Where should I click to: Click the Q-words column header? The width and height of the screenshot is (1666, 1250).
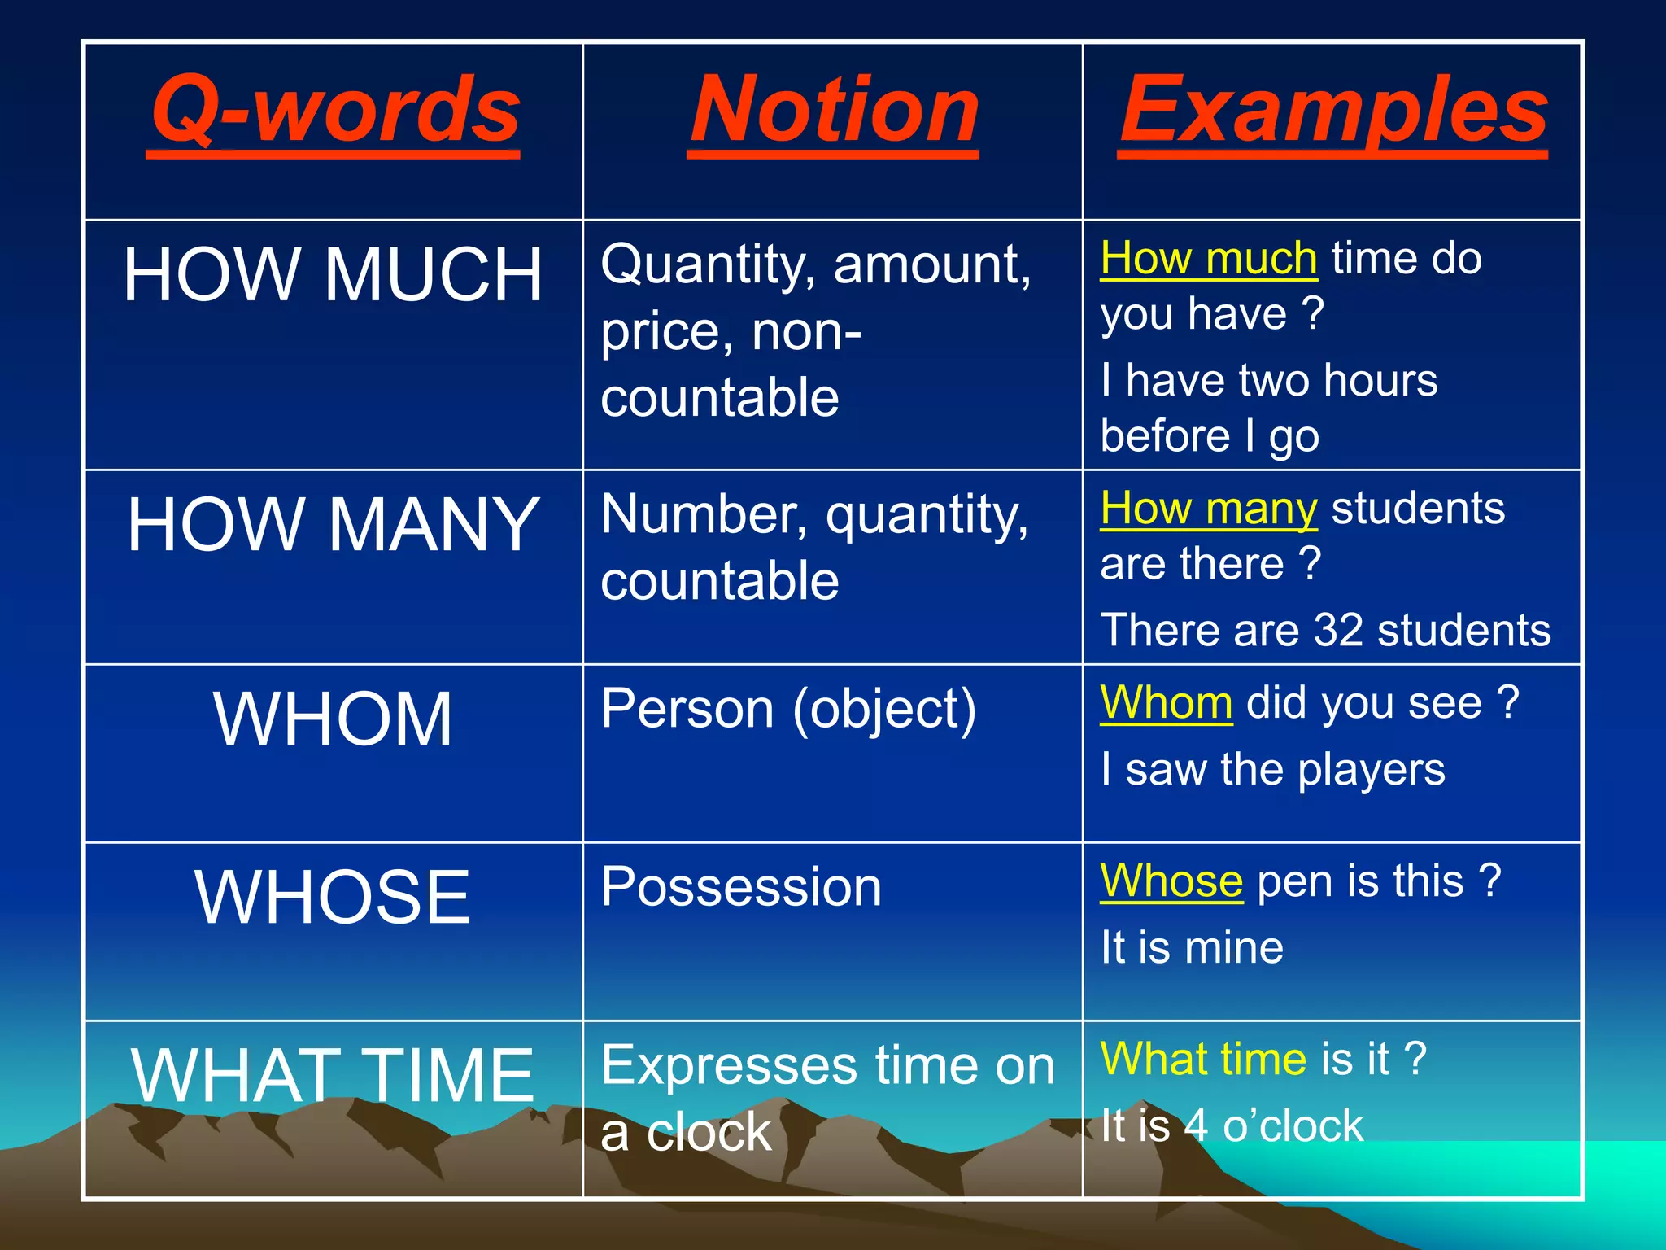coord(335,110)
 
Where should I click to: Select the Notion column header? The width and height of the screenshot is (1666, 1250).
coord(834,110)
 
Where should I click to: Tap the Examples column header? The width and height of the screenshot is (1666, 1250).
coord(1333,110)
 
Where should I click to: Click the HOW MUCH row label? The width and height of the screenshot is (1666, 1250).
coord(333,275)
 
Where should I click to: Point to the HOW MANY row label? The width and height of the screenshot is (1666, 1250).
coord(334,525)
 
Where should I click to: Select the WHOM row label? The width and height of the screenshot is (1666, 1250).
coord(333,719)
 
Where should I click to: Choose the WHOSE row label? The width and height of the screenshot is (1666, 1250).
coord(333,897)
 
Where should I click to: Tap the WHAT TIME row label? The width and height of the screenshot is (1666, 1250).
coord(333,1075)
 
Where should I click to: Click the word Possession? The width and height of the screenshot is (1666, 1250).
coord(741,886)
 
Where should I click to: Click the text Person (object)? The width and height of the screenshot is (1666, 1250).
coord(788,709)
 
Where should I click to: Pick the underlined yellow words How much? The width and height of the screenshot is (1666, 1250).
coord(1209,259)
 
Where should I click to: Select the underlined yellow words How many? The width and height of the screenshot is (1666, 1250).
coord(1209,509)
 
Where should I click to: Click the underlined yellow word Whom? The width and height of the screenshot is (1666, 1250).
coord(1167,702)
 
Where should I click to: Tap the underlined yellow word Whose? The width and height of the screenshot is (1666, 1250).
coord(1171,881)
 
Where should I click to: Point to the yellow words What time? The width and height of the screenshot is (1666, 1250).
coord(1203,1059)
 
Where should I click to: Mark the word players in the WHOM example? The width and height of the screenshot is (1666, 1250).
coord(1372,770)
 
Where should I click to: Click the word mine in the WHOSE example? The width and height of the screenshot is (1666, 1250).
coord(1234,948)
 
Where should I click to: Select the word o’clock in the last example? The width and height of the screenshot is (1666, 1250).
coord(1293,1126)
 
